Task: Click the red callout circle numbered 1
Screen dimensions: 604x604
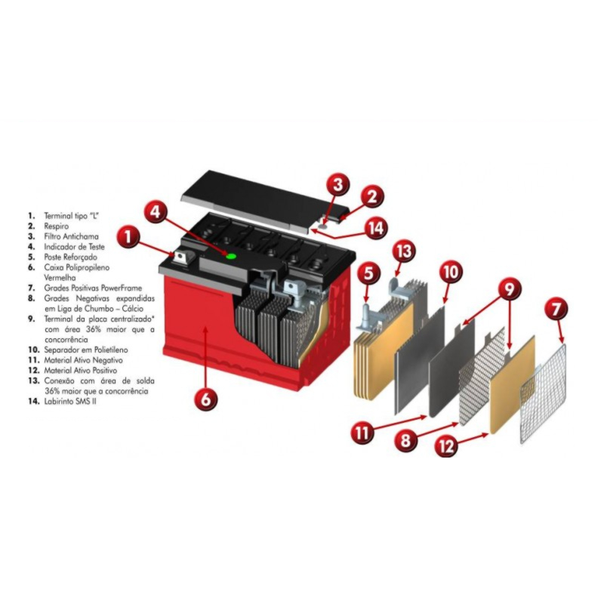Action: (128, 236)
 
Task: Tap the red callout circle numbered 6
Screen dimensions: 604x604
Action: (206, 399)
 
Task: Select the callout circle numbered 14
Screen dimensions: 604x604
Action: (376, 228)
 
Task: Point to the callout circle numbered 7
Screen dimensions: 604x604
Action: (555, 309)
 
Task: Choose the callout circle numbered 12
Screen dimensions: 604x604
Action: (447, 445)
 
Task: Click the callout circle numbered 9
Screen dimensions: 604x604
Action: (508, 288)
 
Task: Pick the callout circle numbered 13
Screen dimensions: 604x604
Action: (405, 251)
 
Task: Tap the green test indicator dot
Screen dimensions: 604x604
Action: (231, 256)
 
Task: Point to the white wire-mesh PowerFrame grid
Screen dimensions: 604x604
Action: (543, 393)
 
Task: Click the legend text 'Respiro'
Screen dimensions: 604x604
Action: (56, 226)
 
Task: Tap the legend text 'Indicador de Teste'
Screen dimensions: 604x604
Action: (74, 247)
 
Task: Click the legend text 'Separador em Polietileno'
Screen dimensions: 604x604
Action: (86, 350)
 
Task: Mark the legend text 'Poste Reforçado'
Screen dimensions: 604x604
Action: (70, 257)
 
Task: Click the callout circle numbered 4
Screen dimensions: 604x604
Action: (156, 211)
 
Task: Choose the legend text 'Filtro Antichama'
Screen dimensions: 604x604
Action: (71, 236)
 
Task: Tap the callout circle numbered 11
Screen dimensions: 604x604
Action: (362, 432)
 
